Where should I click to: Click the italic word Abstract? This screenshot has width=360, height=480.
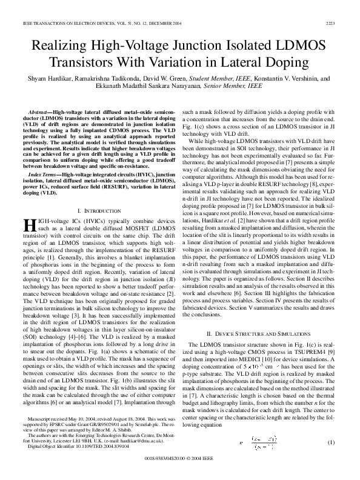40,113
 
